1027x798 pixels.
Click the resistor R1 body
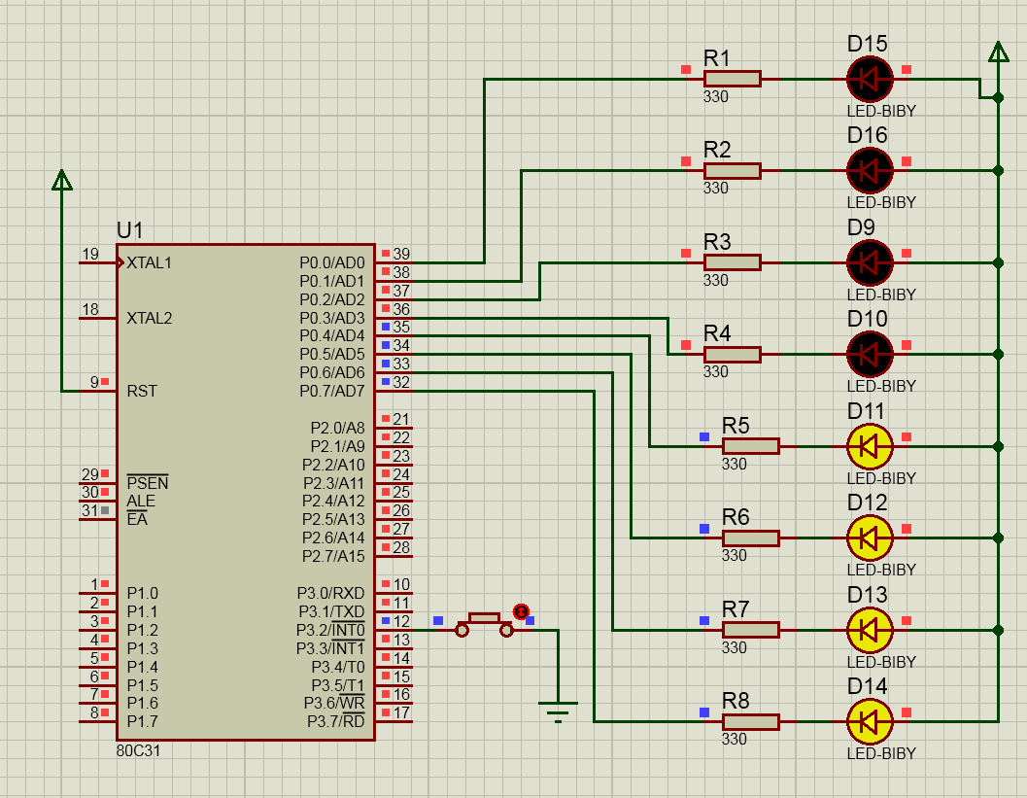coord(732,79)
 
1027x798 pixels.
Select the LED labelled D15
coord(869,79)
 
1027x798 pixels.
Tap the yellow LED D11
coord(869,446)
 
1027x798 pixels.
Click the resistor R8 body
coord(750,721)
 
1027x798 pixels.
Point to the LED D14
coord(869,721)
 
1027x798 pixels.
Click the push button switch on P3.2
coord(485,623)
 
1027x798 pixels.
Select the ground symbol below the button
coord(558,711)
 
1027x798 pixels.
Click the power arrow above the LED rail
coord(998,52)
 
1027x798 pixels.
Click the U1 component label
coord(130,230)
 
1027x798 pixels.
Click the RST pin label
coord(142,391)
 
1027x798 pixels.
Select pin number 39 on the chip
coord(401,254)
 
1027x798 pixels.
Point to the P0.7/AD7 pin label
coord(331,391)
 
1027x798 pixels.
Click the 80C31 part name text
coord(138,751)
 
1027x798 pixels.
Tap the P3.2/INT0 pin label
coord(330,630)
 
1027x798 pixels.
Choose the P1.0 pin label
coord(142,593)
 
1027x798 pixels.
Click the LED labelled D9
coord(869,262)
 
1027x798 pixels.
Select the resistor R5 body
coord(750,446)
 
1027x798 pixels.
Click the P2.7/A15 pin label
coord(332,556)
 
